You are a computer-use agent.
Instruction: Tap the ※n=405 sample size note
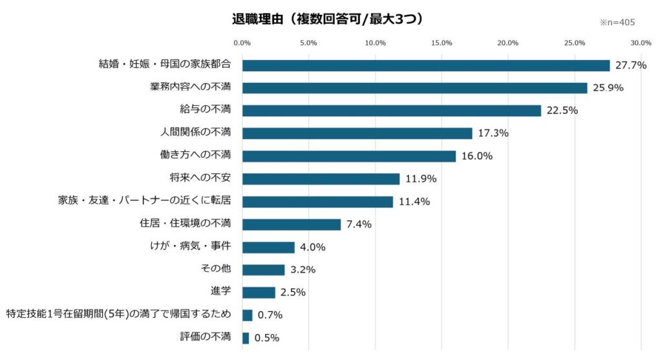pos(617,22)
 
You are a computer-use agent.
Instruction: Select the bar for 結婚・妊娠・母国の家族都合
pos(426,65)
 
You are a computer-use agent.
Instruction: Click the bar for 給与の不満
pos(391,111)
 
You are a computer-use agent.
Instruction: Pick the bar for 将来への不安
pos(321,179)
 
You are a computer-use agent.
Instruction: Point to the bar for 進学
pos(259,292)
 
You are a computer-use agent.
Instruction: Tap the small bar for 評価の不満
pos(246,337)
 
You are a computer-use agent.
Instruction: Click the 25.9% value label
pos(607,88)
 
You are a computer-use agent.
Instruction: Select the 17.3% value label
pos(493,133)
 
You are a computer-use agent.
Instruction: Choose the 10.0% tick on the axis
pos(375,43)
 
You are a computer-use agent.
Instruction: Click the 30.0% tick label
pos(641,43)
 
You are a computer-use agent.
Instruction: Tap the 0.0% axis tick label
pos(242,43)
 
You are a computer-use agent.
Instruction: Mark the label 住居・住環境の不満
pos(185,224)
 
